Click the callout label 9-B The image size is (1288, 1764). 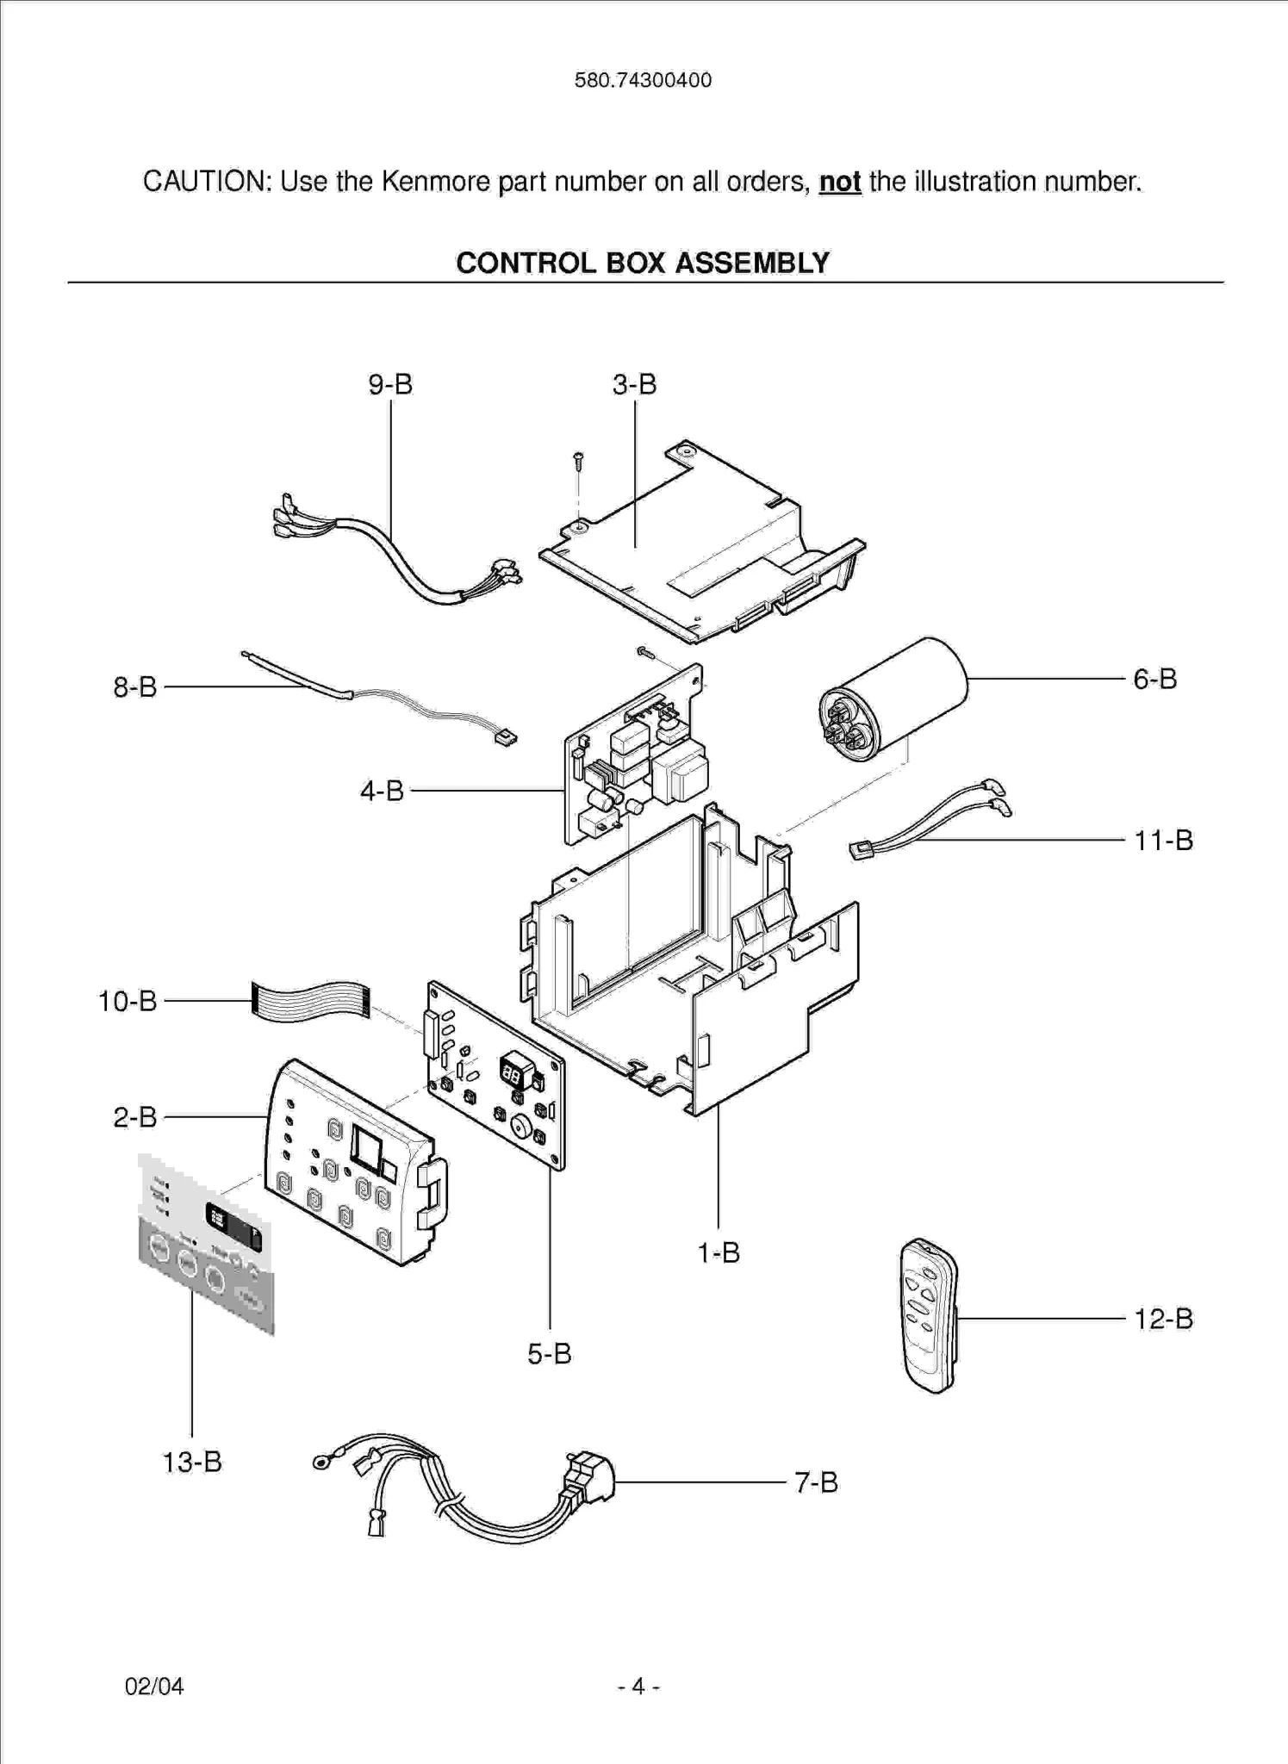click(x=390, y=384)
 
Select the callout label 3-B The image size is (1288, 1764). click(x=634, y=384)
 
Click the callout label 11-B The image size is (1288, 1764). click(x=1163, y=840)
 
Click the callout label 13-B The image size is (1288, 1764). click(x=192, y=1462)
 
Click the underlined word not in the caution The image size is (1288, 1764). click(x=840, y=182)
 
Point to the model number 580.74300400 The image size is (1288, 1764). click(x=643, y=80)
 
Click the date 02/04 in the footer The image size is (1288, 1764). click(x=154, y=1686)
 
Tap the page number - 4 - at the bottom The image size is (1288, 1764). click(x=638, y=1686)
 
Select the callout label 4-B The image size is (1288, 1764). click(x=382, y=790)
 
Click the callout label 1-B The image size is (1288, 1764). click(x=718, y=1252)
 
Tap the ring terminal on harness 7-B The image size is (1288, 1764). click(x=321, y=1461)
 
